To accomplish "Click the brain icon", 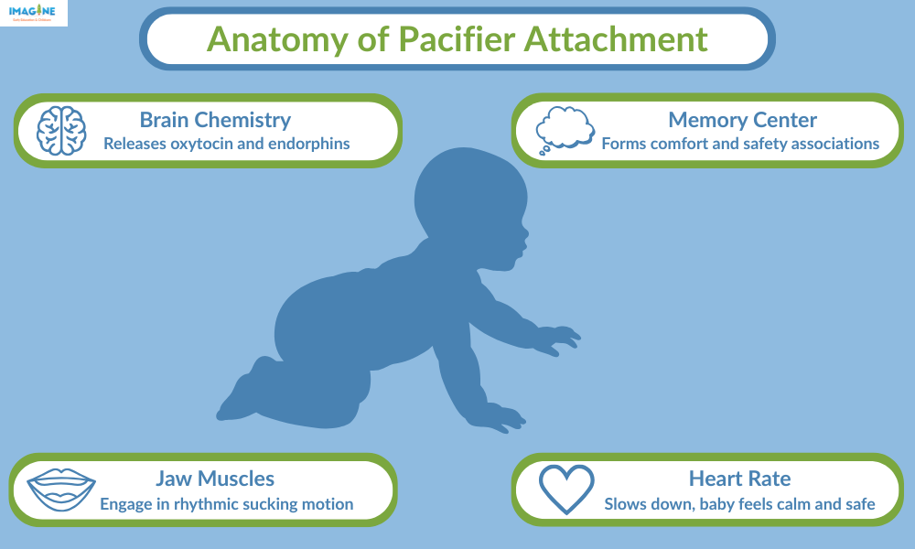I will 61,130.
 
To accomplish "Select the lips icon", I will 61,490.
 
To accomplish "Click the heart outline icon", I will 566,490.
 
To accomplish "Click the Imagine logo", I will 33,12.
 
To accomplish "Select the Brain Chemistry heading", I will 215,119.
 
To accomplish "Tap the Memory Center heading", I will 742,119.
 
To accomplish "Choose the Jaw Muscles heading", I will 215,478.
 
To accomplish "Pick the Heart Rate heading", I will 739,478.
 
